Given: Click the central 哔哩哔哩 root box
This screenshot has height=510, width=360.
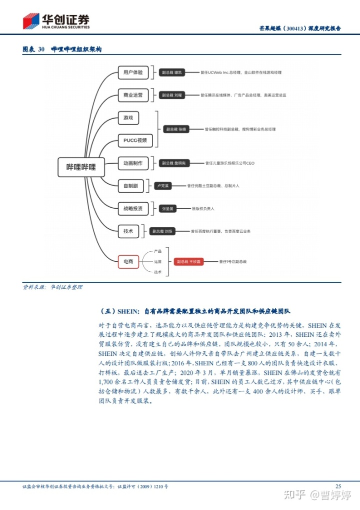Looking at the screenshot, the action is [81, 167].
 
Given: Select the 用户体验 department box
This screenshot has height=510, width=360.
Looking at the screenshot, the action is [133, 73].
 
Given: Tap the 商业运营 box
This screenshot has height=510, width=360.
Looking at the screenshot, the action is [133, 95].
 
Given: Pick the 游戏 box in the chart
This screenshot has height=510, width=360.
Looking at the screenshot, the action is [128, 118].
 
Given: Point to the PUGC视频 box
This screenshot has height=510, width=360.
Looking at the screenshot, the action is [135, 141].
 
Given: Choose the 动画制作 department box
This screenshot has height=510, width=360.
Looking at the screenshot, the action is [133, 163].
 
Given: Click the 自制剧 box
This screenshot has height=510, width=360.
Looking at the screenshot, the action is [130, 186].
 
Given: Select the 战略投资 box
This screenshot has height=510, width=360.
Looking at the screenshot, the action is [133, 208].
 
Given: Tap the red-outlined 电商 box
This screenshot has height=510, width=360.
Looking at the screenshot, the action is [128, 261].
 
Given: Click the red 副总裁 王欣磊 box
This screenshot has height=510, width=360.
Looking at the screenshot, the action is [187, 261].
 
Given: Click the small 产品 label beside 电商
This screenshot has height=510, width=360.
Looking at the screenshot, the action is [158, 251].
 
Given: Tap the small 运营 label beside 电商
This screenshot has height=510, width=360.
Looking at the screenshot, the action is [158, 261].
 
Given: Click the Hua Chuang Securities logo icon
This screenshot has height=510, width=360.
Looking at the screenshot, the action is [31, 21].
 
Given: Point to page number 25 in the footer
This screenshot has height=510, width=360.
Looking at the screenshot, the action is [338, 486].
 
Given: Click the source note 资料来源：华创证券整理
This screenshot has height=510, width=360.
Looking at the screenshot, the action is [52, 287].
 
